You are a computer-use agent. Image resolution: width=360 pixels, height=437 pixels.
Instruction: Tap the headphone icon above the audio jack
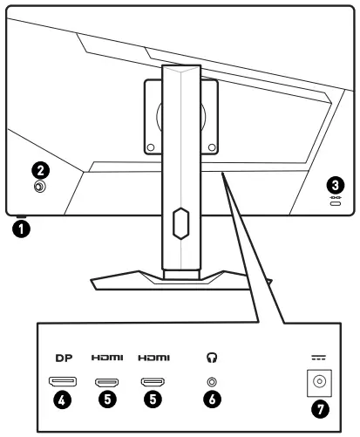point(209,358)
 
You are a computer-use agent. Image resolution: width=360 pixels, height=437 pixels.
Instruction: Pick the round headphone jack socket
point(209,381)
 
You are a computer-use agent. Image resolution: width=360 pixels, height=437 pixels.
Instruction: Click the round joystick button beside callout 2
point(40,186)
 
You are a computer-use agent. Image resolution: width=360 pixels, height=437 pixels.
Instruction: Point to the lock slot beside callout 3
point(336,199)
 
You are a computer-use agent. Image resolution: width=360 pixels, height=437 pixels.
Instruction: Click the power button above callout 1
point(20,218)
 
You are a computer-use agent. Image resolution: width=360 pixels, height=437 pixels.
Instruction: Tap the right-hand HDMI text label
point(156,358)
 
